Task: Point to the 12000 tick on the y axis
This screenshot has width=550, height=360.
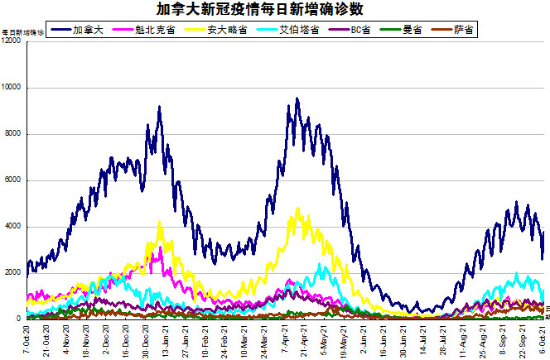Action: tap(12, 41)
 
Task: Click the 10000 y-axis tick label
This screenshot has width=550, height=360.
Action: tap(12, 88)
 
